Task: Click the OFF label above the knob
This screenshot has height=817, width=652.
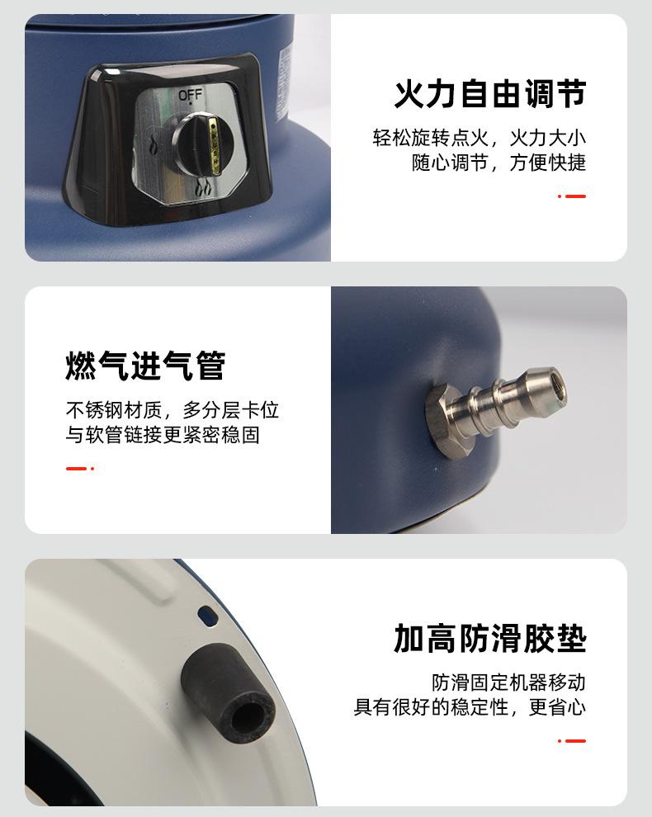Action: [x=190, y=96]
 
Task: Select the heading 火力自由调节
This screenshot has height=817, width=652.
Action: [x=489, y=94]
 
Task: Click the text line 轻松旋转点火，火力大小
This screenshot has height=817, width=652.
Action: [x=479, y=138]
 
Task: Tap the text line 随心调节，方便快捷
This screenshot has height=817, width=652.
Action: [x=498, y=163]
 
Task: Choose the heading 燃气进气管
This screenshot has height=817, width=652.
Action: [x=145, y=366]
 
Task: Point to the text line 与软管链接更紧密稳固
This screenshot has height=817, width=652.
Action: [x=163, y=434]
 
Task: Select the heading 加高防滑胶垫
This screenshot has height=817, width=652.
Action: [x=489, y=638]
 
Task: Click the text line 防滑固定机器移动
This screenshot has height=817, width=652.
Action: [x=508, y=682]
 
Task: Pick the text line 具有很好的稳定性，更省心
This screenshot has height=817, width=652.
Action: [x=470, y=707]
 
